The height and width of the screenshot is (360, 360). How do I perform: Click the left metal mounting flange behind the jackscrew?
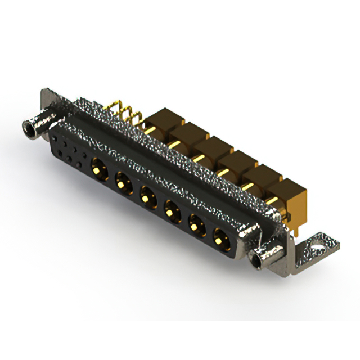tap(49, 101)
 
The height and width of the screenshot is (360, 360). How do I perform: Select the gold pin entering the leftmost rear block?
tap(149, 129)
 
